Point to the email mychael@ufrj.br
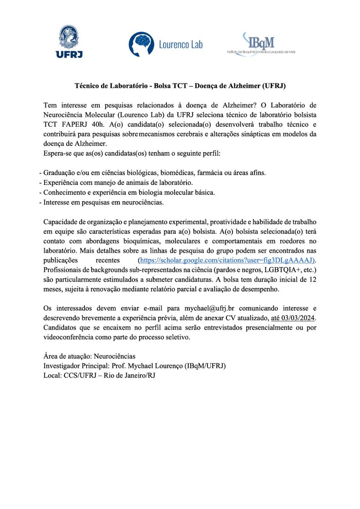209,308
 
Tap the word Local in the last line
52,375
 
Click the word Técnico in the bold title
87,86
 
